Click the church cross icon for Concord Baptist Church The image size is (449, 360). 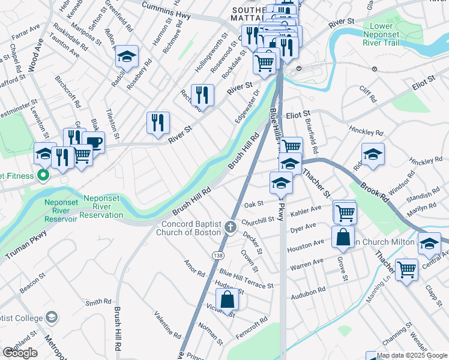tap(231, 227)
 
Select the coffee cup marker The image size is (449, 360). tap(94, 143)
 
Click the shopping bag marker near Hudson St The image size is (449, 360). tap(228, 299)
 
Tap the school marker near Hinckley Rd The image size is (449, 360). tap(373, 154)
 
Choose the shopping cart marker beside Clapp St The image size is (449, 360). tap(407, 269)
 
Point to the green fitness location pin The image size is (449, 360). tap(43, 176)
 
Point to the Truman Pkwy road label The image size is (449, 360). tap(26, 247)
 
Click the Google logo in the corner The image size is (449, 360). tap(20, 353)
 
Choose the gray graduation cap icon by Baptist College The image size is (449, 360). tap(52, 316)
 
